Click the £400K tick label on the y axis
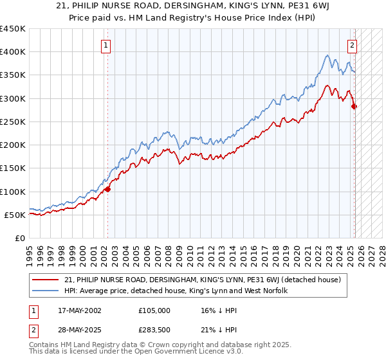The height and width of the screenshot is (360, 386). click(13, 52)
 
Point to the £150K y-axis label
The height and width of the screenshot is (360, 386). click(13, 168)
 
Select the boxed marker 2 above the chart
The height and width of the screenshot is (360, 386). click(353, 45)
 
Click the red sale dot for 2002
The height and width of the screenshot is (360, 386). click(108, 189)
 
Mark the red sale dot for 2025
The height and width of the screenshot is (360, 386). click(354, 107)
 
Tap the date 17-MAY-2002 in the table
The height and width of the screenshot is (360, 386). click(75, 310)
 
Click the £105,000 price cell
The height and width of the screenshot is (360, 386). click(154, 310)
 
